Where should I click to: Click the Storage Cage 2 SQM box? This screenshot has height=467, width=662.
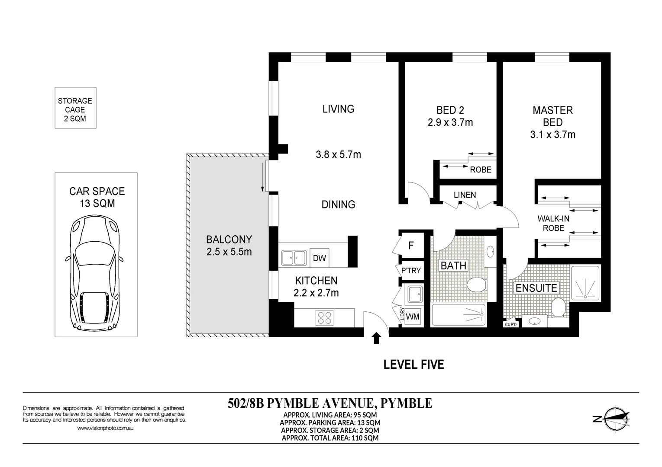pyautogui.click(x=75, y=108)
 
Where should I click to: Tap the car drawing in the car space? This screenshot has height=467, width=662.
pyautogui.click(x=94, y=272)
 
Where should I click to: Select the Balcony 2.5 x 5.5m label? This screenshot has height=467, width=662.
pyautogui.click(x=229, y=245)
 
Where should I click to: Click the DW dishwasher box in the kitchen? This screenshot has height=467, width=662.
pyautogui.click(x=319, y=258)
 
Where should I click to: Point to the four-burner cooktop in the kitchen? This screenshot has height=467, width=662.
pyautogui.click(x=324, y=318)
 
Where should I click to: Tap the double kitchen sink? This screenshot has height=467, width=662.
pyautogui.click(x=294, y=258)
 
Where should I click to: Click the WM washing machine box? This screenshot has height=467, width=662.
pyautogui.click(x=412, y=317)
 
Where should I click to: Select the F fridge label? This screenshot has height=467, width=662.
pyautogui.click(x=411, y=245)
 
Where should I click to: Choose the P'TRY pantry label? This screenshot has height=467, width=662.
pyautogui.click(x=411, y=270)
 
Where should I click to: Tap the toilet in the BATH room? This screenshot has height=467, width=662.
pyautogui.click(x=477, y=285)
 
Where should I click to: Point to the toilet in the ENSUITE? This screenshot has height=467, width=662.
pyautogui.click(x=558, y=307)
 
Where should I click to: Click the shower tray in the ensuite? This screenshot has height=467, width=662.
pyautogui.click(x=585, y=283)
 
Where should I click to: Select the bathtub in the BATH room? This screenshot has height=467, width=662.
pyautogui.click(x=459, y=315)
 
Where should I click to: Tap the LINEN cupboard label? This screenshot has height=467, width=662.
pyautogui.click(x=465, y=195)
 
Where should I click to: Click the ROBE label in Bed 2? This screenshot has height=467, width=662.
pyautogui.click(x=481, y=170)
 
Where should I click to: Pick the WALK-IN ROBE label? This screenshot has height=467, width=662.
pyautogui.click(x=553, y=223)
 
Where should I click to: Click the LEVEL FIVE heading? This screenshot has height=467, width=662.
pyautogui.click(x=413, y=365)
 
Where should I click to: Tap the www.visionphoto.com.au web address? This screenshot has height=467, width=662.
pyautogui.click(x=105, y=428)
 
